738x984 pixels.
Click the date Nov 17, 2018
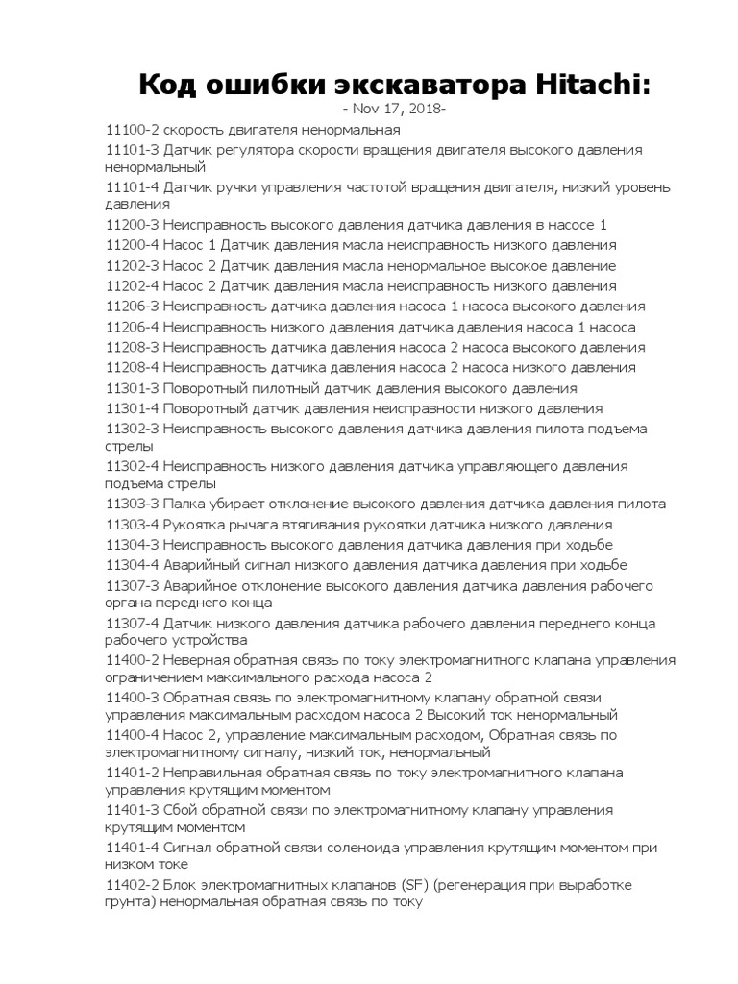pos(395,109)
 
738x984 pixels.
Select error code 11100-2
pos(132,130)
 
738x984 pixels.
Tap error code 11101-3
pos(132,151)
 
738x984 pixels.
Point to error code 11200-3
pos(132,225)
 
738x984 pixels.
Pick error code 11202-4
pos(132,286)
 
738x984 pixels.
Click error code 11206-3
pos(132,307)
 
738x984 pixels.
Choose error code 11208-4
pos(132,367)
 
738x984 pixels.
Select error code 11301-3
pos(132,388)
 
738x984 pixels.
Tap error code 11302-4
pos(132,466)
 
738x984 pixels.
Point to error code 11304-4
pos(132,565)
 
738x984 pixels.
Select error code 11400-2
pos(132,660)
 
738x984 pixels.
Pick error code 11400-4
pos(132,735)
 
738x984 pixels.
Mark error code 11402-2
pos(132,885)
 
